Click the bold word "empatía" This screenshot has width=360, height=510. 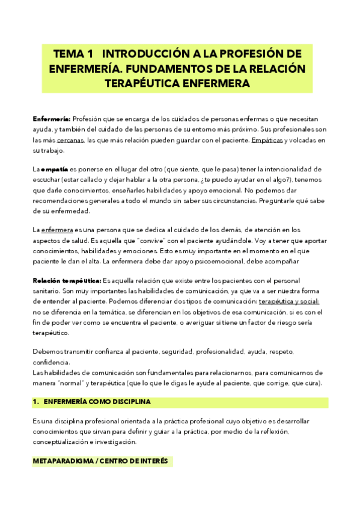coord(55,170)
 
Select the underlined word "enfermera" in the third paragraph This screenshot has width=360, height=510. coord(56,230)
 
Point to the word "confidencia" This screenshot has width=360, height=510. coord(50,362)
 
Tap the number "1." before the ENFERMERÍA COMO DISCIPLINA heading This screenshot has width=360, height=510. coord(35,402)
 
